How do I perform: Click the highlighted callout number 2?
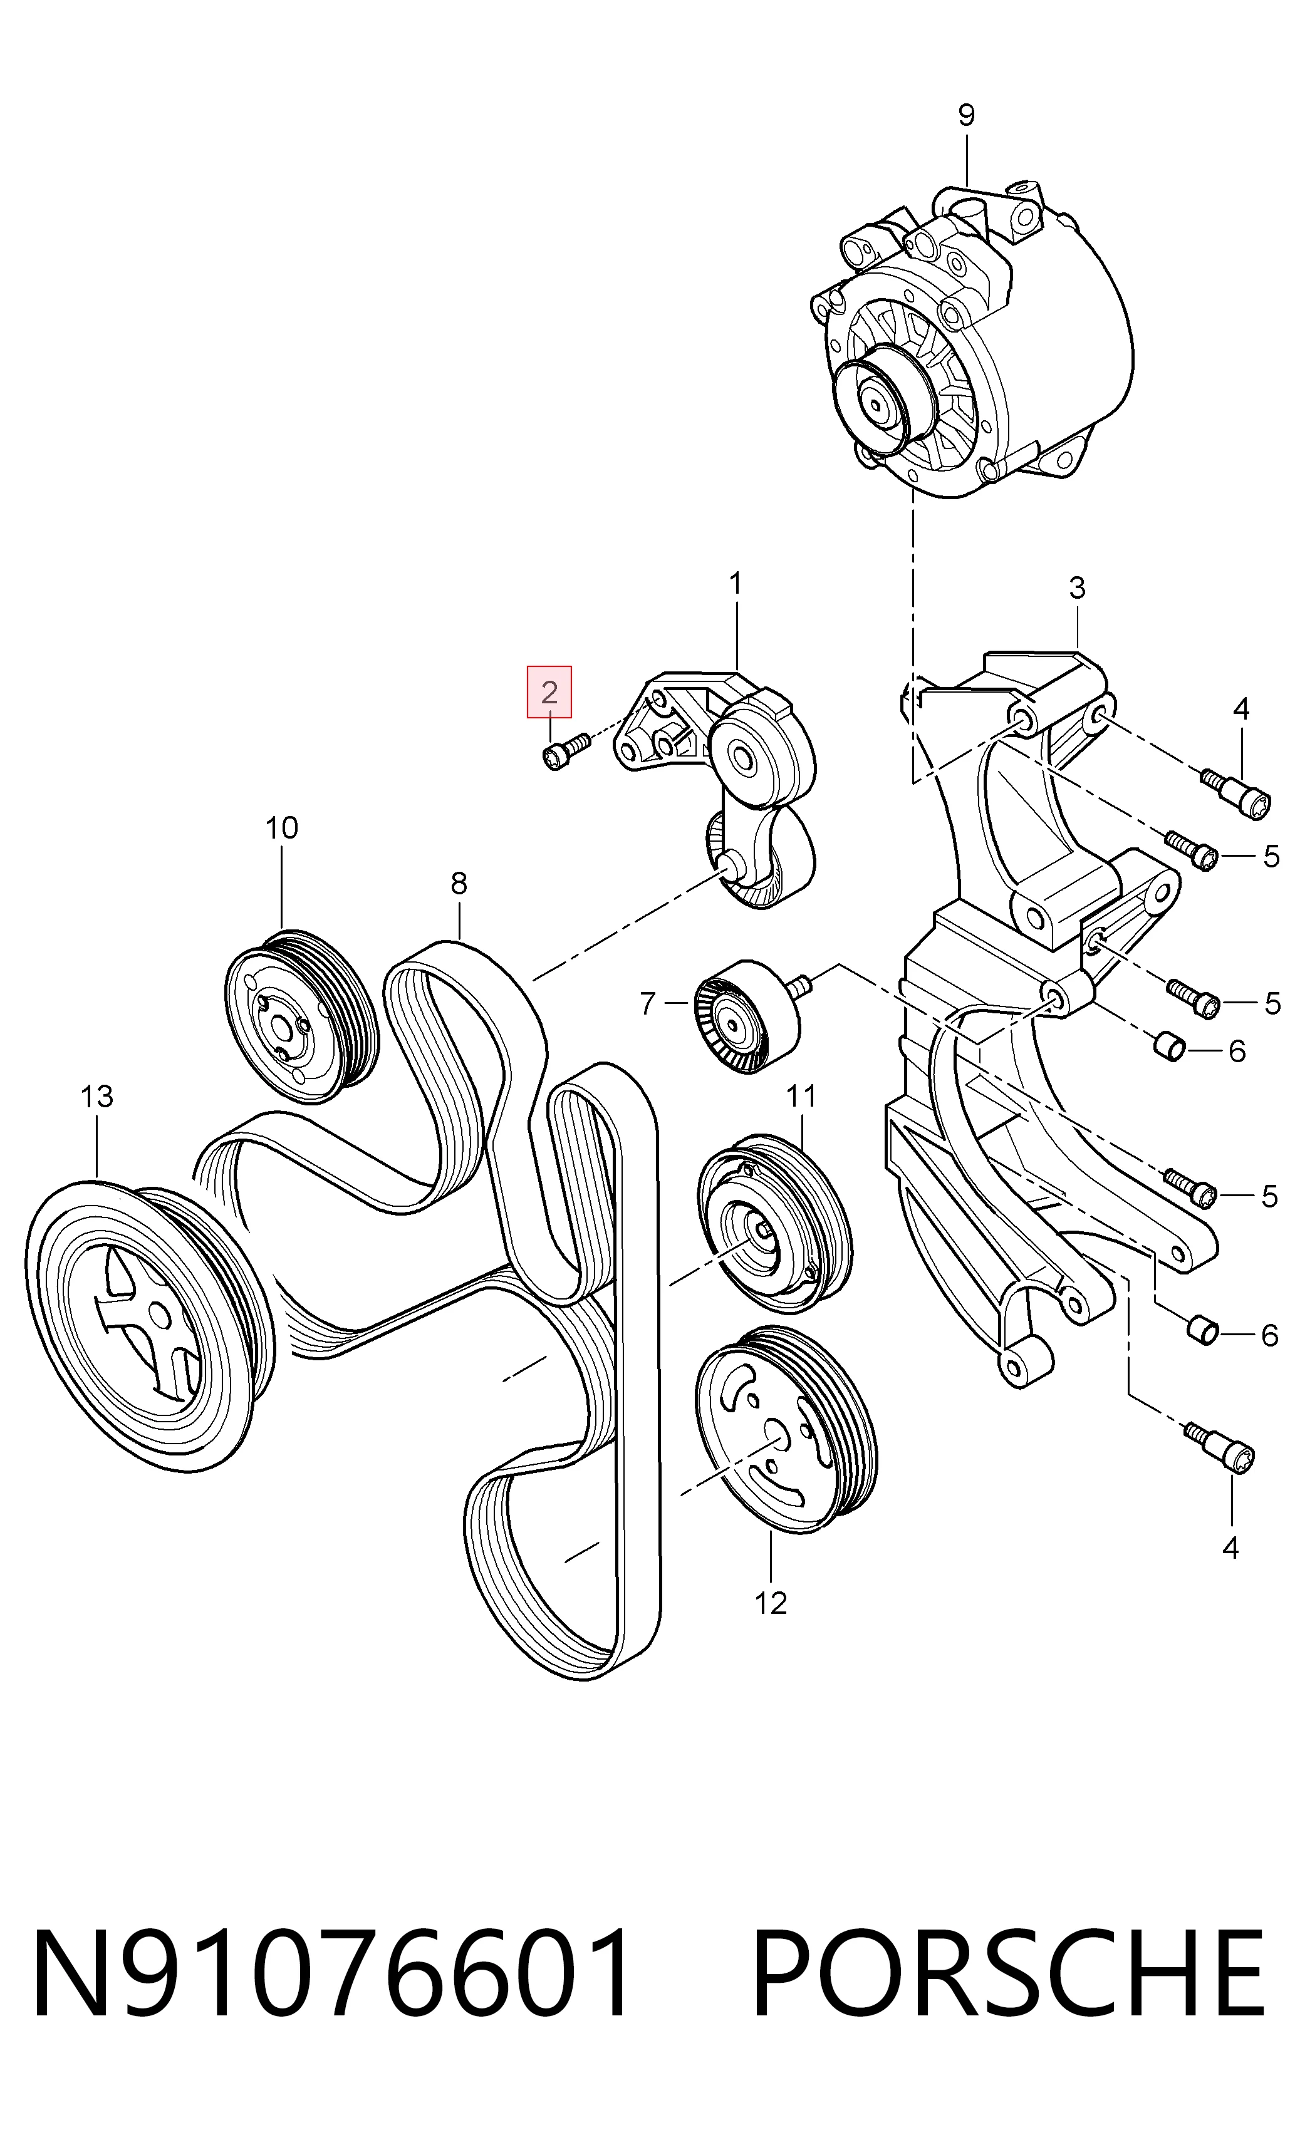pyautogui.click(x=549, y=692)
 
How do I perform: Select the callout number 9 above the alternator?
pyautogui.click(x=966, y=115)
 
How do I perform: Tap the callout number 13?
pyautogui.click(x=96, y=1096)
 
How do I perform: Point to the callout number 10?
pyautogui.click(x=281, y=828)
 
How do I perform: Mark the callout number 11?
pyautogui.click(x=801, y=1096)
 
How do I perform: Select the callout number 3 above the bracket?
pyautogui.click(x=1077, y=588)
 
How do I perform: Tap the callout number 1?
pyautogui.click(x=736, y=584)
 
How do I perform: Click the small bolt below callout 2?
pyautogui.click(x=565, y=748)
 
